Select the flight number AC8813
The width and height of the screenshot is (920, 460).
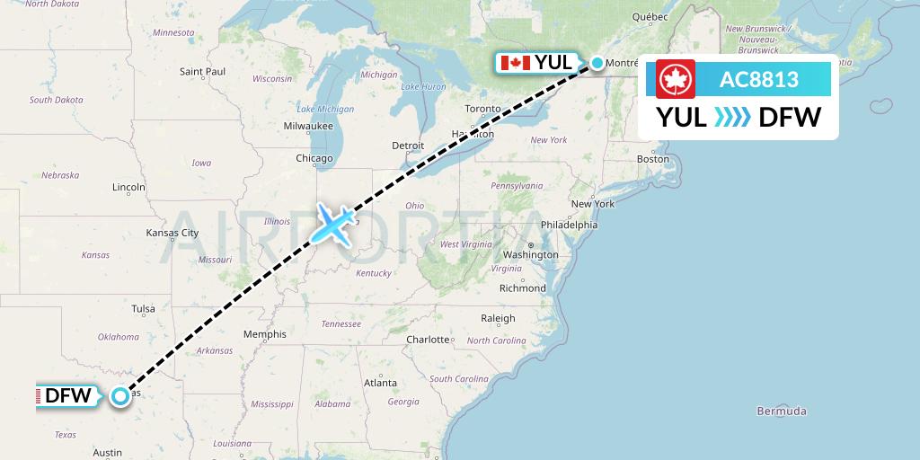[758, 80]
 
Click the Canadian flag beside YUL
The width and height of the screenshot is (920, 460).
[514, 63]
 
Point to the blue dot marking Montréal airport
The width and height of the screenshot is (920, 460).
[597, 63]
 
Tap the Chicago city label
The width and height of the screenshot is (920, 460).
[314, 159]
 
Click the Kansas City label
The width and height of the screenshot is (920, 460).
[172, 233]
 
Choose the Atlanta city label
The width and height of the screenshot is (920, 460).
[380, 383]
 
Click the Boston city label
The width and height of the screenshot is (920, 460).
[652, 159]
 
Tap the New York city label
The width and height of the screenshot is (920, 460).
[592, 204]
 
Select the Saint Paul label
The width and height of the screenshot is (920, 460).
[202, 71]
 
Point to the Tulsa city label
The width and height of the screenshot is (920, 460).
[143, 308]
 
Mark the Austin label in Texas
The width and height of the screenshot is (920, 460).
[107, 452]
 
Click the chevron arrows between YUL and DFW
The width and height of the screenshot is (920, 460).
[732, 117]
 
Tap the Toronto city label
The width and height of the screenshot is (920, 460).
[482, 109]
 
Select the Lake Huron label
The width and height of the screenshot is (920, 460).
[423, 87]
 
